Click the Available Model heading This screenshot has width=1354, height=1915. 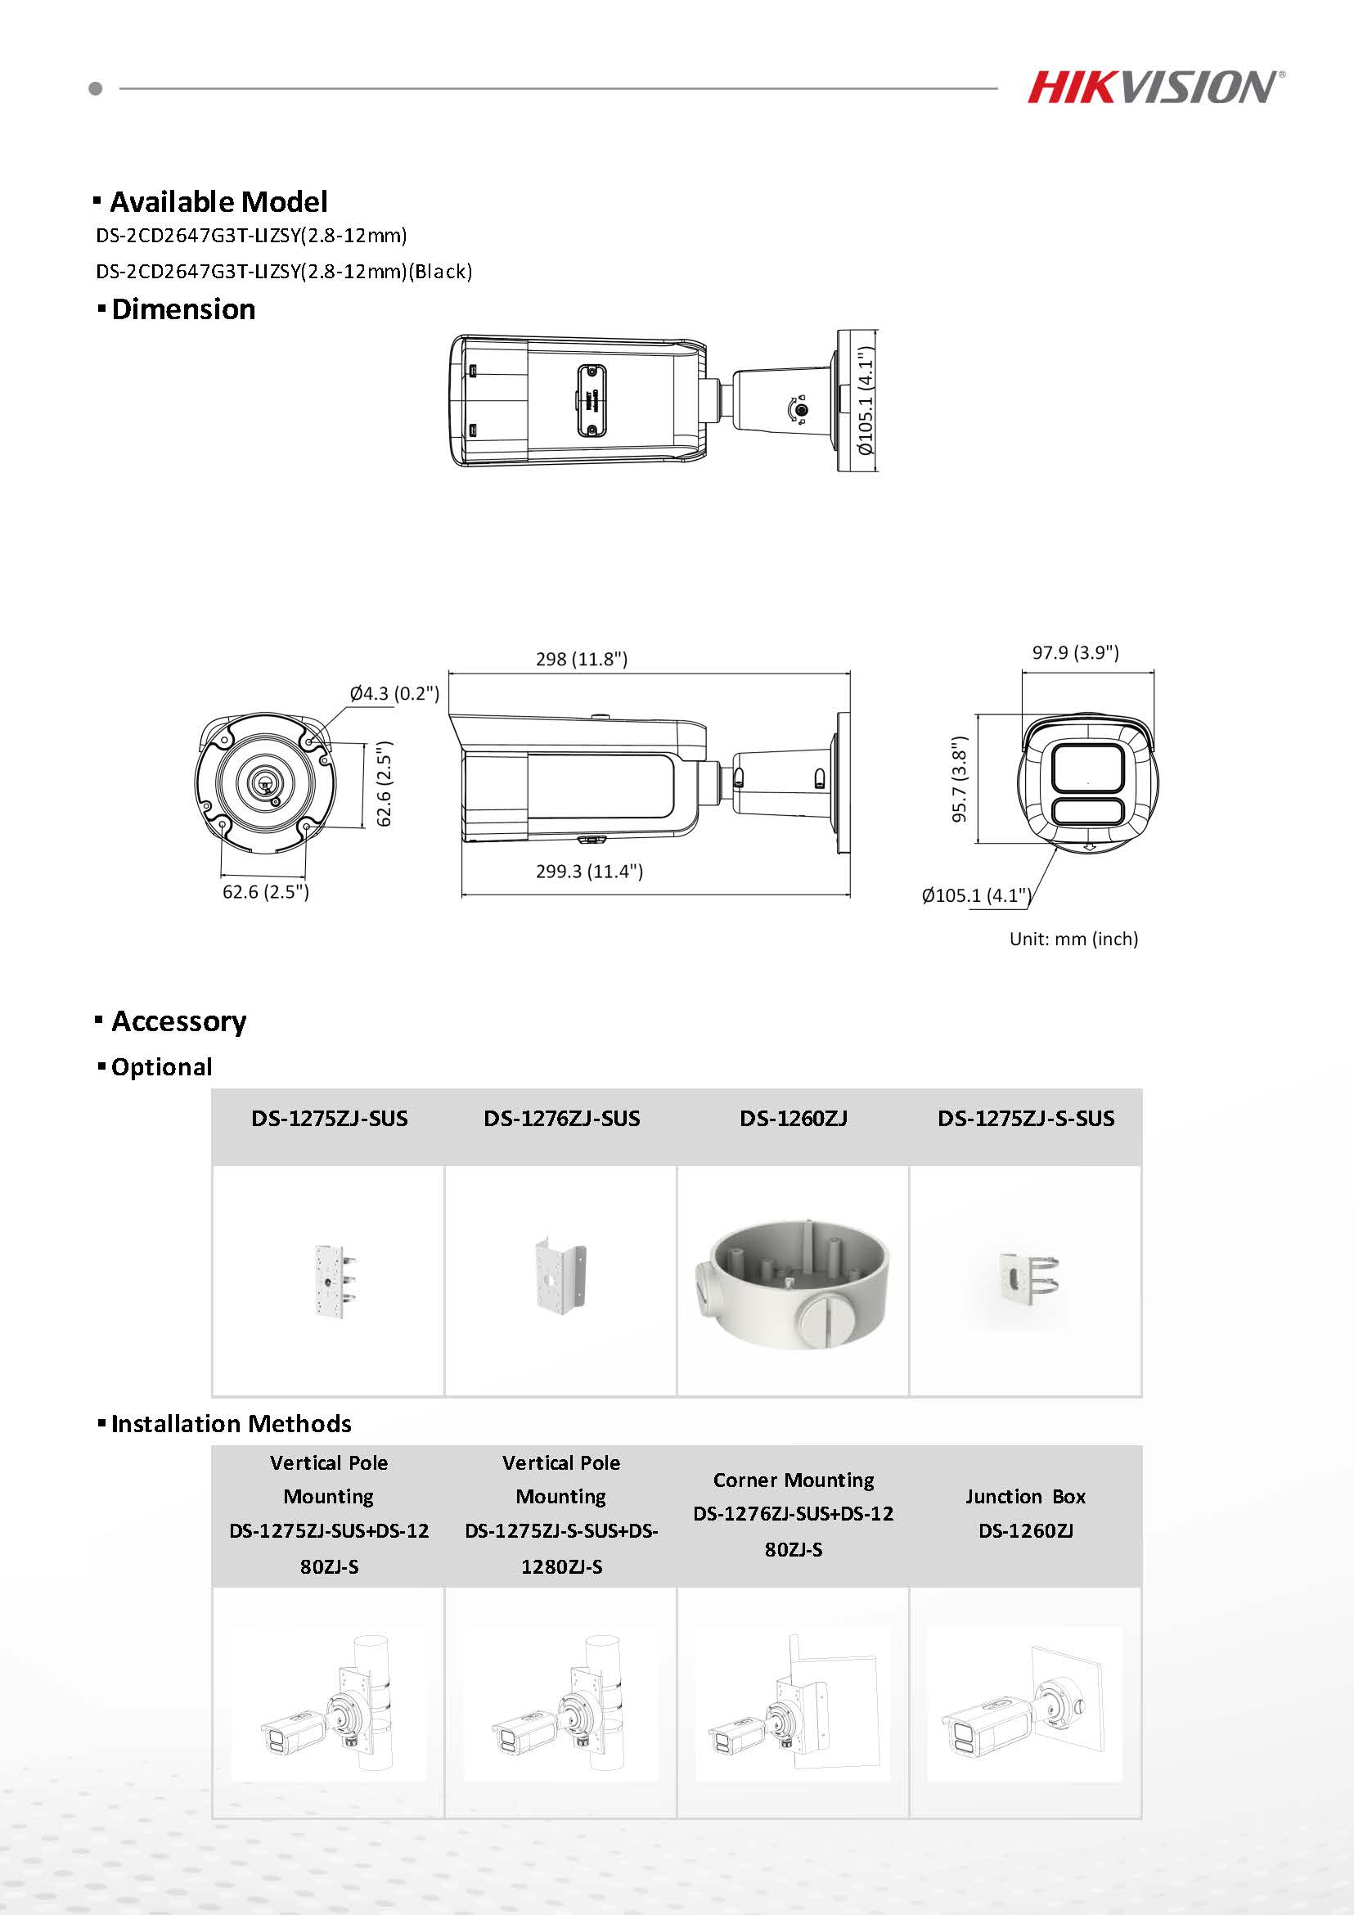pos(218,202)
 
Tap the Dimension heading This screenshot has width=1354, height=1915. pos(182,309)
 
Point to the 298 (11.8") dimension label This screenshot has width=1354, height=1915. pos(581,659)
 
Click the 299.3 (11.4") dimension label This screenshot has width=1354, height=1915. pos(588,872)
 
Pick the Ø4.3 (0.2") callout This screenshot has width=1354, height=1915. pos(394,693)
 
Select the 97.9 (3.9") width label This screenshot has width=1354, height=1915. pos(1075,652)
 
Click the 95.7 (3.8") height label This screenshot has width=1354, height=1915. pos(960,779)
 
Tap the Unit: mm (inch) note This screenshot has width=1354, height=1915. pos(1073,939)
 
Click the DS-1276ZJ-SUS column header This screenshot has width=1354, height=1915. pos(561,1119)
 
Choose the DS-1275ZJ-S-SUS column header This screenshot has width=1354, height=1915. pos(1025,1119)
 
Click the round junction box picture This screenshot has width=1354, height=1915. pos(792,1281)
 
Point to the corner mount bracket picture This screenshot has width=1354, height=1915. pos(560,1279)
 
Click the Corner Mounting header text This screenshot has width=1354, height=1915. pos(793,1480)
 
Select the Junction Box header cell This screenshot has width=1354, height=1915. pos(1025,1514)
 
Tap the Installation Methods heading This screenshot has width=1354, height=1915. pos(231,1424)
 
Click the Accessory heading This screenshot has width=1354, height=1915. pos(178,1021)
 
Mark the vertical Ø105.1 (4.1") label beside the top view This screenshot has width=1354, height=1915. pos(867,401)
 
